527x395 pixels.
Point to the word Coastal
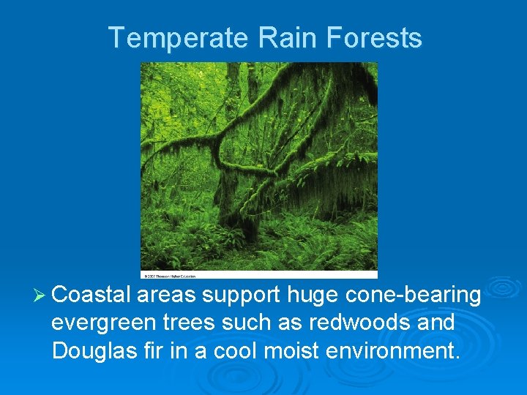click(91, 295)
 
